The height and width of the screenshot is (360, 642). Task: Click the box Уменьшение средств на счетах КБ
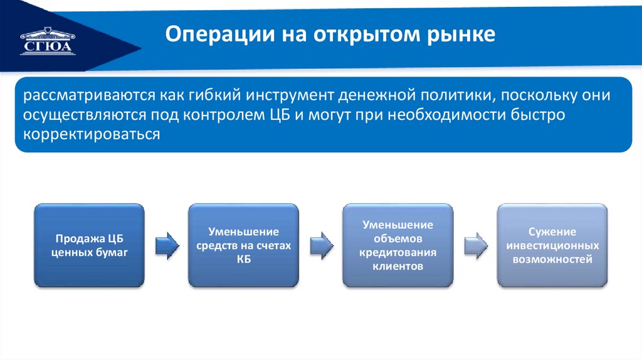243,245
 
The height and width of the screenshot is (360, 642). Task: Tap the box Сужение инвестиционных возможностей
552,245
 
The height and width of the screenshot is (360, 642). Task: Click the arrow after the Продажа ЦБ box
166,245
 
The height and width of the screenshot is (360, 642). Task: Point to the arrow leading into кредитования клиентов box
321,245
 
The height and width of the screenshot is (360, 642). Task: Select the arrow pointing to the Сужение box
475,245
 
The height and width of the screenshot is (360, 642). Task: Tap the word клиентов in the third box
397,266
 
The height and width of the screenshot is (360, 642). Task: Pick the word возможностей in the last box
552,258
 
